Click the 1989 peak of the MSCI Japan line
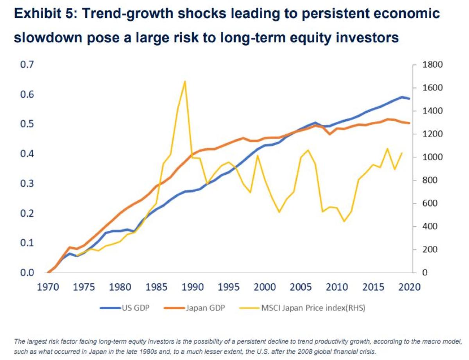click(x=184, y=81)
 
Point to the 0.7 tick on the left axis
click(x=28, y=65)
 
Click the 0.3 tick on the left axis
click(x=28, y=184)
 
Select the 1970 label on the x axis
click(x=49, y=287)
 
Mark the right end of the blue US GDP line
click(x=409, y=98)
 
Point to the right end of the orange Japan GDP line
click(x=409, y=123)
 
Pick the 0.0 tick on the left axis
click(x=28, y=273)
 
